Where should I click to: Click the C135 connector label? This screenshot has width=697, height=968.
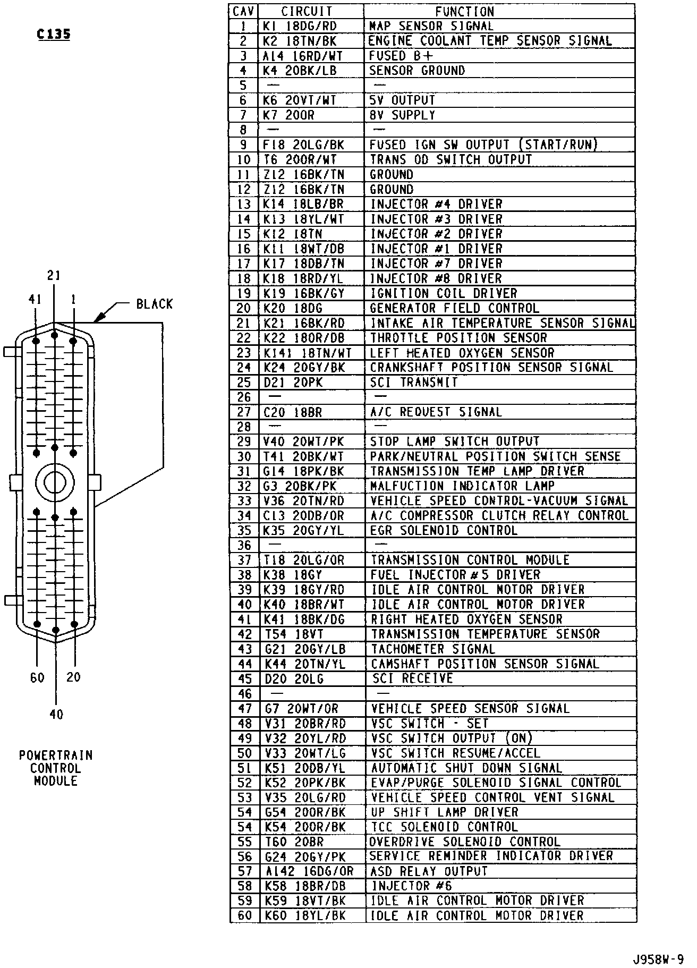pyautogui.click(x=53, y=35)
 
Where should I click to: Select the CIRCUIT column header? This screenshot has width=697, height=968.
pyautogui.click(x=307, y=11)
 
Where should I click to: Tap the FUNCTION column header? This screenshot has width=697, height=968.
pyautogui.click(x=464, y=11)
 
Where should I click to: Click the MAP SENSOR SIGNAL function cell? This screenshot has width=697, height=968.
pyautogui.click(x=431, y=26)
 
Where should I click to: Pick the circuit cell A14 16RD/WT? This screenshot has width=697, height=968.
pyautogui.click(x=303, y=56)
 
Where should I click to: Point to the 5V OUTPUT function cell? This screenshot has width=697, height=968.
pyautogui.click(x=402, y=100)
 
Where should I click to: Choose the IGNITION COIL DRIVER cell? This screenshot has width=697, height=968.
pyautogui.click(x=444, y=293)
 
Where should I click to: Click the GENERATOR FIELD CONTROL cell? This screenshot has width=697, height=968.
pyautogui.click(x=454, y=308)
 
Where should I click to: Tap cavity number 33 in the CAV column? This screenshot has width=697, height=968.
pyautogui.click(x=244, y=501)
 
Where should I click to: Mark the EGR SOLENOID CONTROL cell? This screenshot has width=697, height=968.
pyautogui.click(x=444, y=531)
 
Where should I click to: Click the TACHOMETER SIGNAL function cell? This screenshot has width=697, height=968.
pyautogui.click(x=432, y=649)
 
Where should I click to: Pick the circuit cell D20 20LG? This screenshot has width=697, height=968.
pyautogui.click(x=293, y=679)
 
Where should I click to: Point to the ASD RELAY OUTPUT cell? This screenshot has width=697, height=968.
pyautogui.click(x=429, y=871)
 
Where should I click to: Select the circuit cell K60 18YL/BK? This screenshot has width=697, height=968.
pyautogui.click(x=304, y=916)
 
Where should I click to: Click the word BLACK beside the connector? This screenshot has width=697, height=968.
pyautogui.click(x=154, y=304)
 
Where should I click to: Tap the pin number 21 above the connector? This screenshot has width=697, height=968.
pyautogui.click(x=54, y=275)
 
